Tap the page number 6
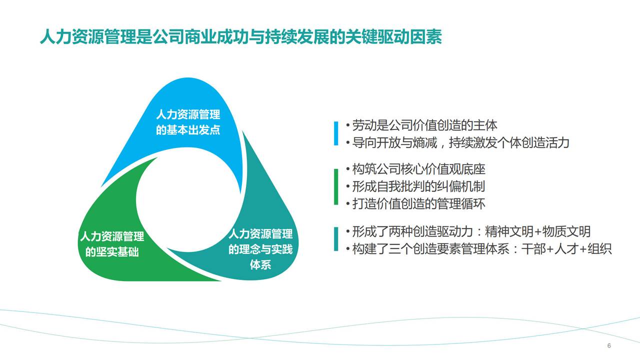coord(609,345)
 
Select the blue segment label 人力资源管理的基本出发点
coord(188,122)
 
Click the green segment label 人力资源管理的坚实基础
coord(112,244)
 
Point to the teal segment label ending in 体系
coord(260,249)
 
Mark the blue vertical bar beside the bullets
coord(336,133)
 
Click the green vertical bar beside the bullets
coord(336,186)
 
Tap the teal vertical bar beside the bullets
coord(336,239)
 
